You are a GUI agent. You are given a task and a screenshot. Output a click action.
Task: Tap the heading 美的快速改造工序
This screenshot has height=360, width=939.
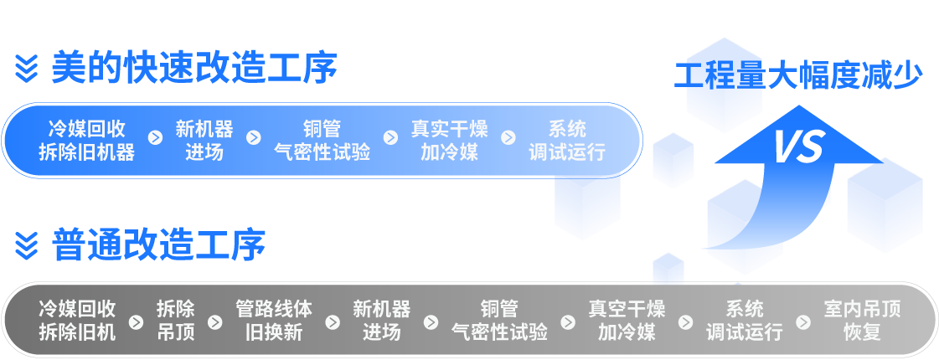[193, 68]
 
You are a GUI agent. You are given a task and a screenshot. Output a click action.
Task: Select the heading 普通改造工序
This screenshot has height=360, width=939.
[158, 244]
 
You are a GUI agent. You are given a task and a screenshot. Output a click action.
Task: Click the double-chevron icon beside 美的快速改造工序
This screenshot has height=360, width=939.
[27, 69]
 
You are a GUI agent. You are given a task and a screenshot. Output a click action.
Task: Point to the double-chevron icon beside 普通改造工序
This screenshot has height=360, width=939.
[27, 245]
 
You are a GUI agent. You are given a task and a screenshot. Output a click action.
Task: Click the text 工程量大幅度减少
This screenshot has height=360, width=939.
[798, 76]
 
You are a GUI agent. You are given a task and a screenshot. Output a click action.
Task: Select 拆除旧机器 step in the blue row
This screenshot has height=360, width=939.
[87, 141]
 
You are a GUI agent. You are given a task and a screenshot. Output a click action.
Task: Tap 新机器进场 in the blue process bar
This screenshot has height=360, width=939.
[204, 141]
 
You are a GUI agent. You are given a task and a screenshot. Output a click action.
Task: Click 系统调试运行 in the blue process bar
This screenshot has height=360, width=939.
[567, 141]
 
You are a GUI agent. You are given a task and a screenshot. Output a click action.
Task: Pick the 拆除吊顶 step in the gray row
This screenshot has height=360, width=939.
[175, 320]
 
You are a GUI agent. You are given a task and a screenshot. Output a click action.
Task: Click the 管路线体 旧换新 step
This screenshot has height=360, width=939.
[274, 320]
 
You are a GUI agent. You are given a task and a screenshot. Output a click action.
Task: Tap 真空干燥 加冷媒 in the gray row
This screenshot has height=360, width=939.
[627, 320]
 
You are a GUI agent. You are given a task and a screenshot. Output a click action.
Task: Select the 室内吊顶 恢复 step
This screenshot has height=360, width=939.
[862, 320]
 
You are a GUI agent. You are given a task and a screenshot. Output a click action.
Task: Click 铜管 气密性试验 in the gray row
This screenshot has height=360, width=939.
[499, 320]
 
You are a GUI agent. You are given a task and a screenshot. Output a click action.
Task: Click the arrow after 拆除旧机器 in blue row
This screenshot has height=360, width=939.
[155, 137]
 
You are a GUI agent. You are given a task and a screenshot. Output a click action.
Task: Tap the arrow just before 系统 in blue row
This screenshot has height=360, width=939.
[508, 137]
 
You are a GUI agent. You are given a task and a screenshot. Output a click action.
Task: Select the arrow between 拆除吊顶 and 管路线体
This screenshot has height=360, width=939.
[214, 321]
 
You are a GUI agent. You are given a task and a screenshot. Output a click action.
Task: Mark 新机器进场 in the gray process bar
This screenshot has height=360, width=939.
[381, 320]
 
